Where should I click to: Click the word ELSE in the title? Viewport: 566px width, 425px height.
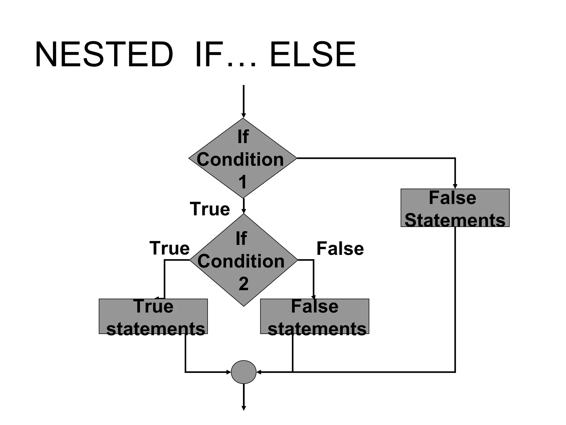tap(313, 55)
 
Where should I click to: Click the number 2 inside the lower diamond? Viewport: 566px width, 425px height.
tap(243, 284)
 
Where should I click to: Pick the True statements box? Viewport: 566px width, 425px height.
tap(153, 316)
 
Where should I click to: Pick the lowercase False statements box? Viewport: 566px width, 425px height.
tap(315, 316)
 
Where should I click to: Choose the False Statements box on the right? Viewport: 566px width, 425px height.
tap(455, 208)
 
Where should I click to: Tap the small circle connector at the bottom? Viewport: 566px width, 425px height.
tap(243, 372)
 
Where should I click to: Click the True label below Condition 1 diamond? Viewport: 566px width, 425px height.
tap(210, 209)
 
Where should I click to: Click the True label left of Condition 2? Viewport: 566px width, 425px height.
tap(169, 248)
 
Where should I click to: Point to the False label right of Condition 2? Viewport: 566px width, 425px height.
tap(340, 248)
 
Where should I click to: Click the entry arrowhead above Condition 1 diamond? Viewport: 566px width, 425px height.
tap(243, 116)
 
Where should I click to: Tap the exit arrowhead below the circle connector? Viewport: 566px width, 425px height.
tap(243, 408)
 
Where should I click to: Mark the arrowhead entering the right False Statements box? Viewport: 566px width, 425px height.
tap(455, 186)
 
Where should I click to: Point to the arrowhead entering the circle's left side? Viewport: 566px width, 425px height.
tap(229, 372)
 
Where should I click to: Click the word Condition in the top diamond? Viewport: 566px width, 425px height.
tap(240, 160)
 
